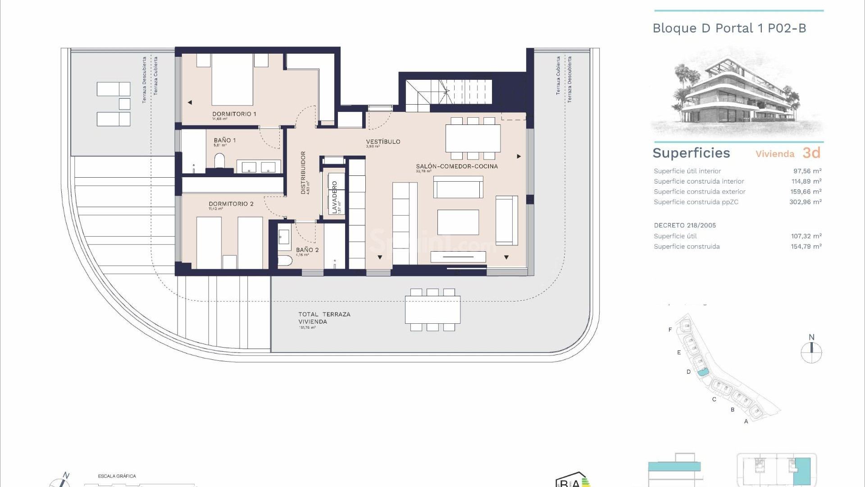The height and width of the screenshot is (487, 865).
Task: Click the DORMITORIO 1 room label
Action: tap(234, 114)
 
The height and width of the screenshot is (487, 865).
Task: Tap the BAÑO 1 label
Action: tap(224, 140)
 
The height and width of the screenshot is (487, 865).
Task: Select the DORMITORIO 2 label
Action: tap(231, 204)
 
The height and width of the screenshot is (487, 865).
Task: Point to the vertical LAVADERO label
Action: tap(334, 197)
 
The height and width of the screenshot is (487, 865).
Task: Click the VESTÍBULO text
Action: tap(383, 142)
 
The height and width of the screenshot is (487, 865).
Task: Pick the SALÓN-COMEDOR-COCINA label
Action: tap(456, 166)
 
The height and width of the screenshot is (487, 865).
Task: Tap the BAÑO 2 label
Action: tap(307, 250)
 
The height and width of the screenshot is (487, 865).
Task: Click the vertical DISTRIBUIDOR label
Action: tap(303, 172)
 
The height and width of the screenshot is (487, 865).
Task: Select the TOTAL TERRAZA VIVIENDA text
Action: tap(323, 318)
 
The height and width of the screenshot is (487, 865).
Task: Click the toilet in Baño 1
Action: tap(219, 161)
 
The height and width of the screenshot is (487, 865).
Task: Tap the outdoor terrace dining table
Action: tap(432, 310)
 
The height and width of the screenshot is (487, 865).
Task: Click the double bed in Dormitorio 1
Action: tap(232, 79)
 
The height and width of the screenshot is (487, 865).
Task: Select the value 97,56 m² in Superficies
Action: tap(807, 171)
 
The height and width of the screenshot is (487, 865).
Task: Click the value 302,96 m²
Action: tap(805, 202)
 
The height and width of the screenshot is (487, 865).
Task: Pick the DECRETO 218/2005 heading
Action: tap(684, 225)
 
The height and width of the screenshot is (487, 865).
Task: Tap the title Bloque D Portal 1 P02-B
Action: tap(729, 28)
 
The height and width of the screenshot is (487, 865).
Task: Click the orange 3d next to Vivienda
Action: tap(811, 153)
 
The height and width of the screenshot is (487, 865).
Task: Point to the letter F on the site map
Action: tap(670, 330)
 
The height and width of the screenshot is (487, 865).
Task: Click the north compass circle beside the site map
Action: tap(811, 353)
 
